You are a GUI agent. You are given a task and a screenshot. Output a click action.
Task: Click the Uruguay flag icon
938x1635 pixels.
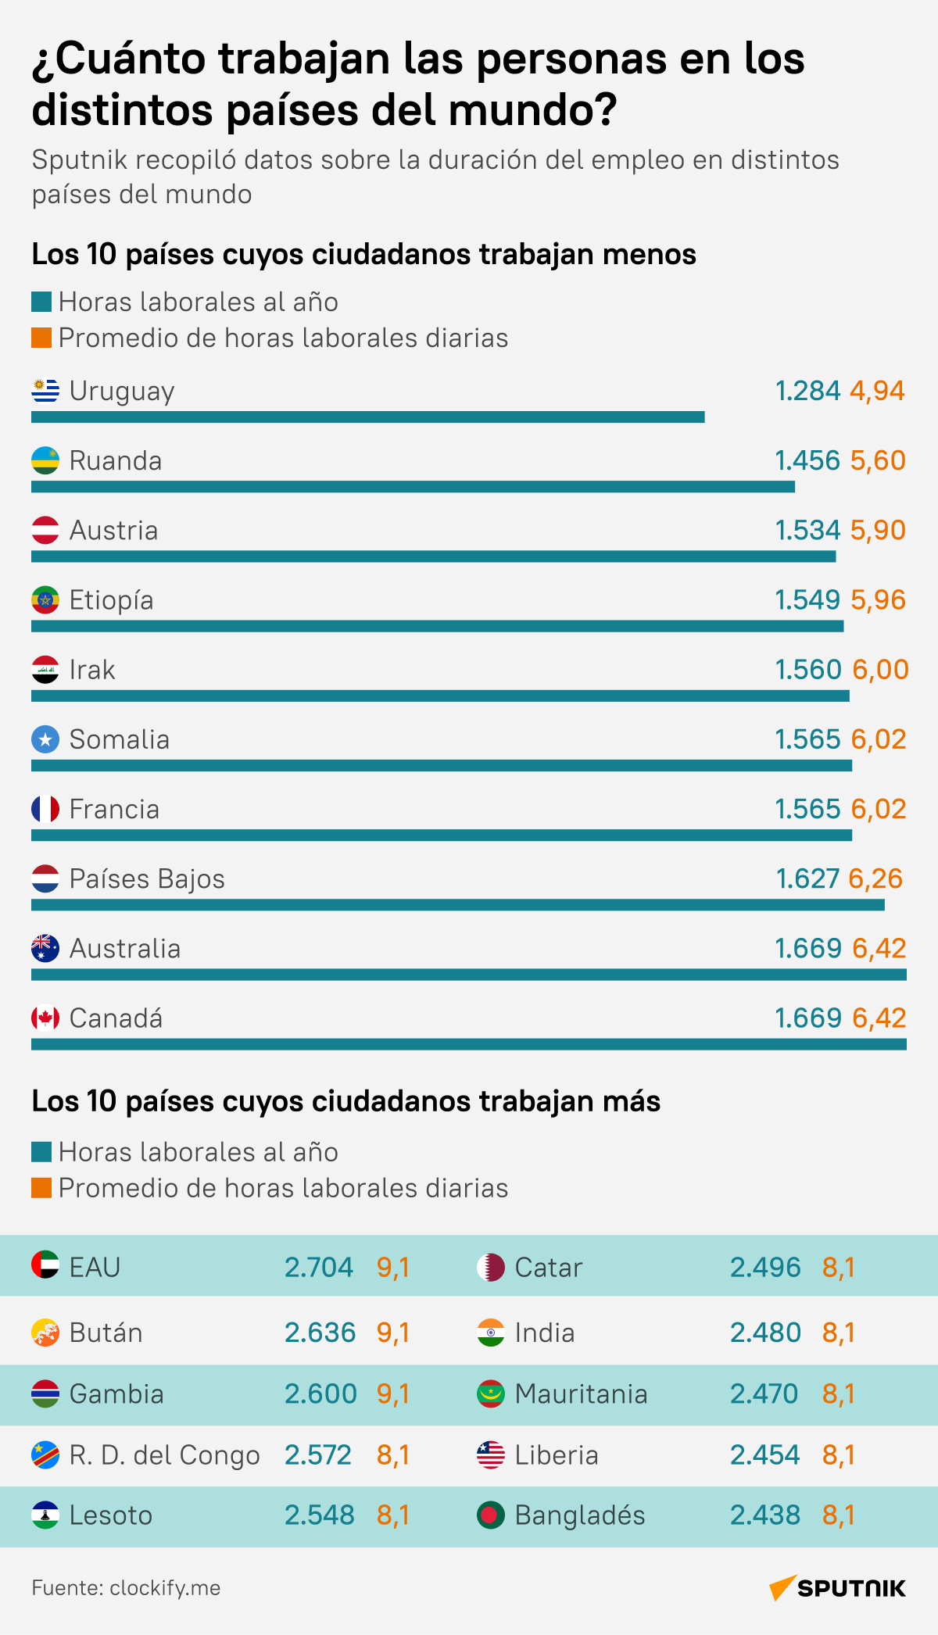(x=45, y=391)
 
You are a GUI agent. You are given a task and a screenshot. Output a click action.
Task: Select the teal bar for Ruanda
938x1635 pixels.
(x=413, y=487)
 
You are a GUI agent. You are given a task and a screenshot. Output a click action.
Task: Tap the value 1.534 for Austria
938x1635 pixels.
(x=807, y=531)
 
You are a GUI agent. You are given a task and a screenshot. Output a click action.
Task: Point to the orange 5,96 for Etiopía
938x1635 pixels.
(x=878, y=600)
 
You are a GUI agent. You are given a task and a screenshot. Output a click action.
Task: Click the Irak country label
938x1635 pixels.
(x=92, y=670)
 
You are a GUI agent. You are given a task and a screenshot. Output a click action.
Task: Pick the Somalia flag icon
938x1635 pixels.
(x=45, y=739)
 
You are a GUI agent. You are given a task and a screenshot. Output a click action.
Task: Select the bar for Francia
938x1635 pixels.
(x=442, y=835)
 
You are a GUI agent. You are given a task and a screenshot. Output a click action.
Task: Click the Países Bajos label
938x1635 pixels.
(x=147, y=879)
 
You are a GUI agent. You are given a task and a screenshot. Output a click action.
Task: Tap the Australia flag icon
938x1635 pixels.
(x=45, y=948)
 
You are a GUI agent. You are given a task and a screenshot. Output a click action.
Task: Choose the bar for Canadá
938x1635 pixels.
(x=469, y=1044)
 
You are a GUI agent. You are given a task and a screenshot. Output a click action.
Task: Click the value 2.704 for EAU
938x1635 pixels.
(x=319, y=1267)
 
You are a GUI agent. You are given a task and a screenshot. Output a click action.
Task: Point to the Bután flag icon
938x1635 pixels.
(x=45, y=1333)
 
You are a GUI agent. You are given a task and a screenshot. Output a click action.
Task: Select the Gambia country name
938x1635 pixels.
(x=116, y=1394)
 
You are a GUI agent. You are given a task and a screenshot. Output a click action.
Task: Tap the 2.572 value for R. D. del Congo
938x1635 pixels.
(x=318, y=1455)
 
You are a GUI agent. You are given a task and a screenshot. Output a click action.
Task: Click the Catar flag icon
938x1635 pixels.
(x=491, y=1267)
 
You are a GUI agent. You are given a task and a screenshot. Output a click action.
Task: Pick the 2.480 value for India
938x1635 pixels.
(x=765, y=1333)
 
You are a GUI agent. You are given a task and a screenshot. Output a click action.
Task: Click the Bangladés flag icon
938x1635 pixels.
(x=491, y=1515)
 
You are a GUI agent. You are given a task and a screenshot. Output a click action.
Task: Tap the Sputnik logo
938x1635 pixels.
(x=837, y=1588)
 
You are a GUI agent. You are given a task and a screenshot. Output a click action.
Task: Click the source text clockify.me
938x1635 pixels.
(x=165, y=1588)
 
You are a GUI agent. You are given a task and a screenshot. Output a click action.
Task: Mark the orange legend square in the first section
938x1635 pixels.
(x=41, y=338)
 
